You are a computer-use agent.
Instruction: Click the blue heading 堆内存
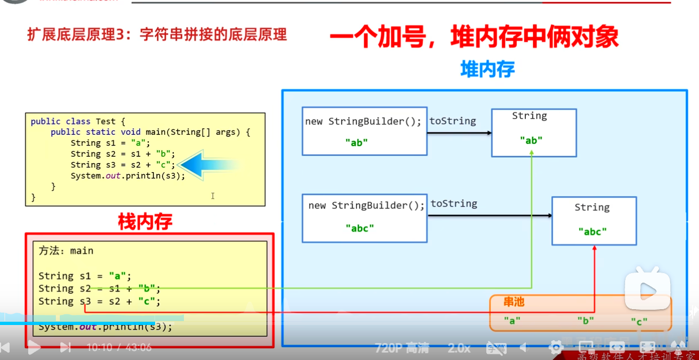[x=487, y=69]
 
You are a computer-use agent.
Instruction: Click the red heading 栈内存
[x=144, y=222]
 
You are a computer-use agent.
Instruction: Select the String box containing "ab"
[x=534, y=133]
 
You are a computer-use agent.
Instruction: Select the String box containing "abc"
[x=594, y=221]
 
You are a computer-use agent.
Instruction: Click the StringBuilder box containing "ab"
[x=364, y=131]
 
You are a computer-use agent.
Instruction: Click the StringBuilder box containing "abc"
[x=364, y=218]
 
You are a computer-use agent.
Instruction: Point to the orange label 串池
[x=514, y=302]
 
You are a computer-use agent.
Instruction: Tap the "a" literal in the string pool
[x=512, y=321]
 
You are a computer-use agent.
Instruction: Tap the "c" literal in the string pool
[x=639, y=322]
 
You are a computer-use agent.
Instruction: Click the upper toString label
[x=452, y=121]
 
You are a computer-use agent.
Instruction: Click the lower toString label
[x=454, y=204]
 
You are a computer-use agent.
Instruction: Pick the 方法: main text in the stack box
[x=66, y=251]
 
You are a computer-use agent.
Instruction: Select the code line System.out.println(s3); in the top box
[x=128, y=175]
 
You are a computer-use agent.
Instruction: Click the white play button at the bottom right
[x=647, y=291]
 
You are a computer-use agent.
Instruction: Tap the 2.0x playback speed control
[x=459, y=348]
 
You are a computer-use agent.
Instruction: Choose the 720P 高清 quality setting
[x=402, y=348]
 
